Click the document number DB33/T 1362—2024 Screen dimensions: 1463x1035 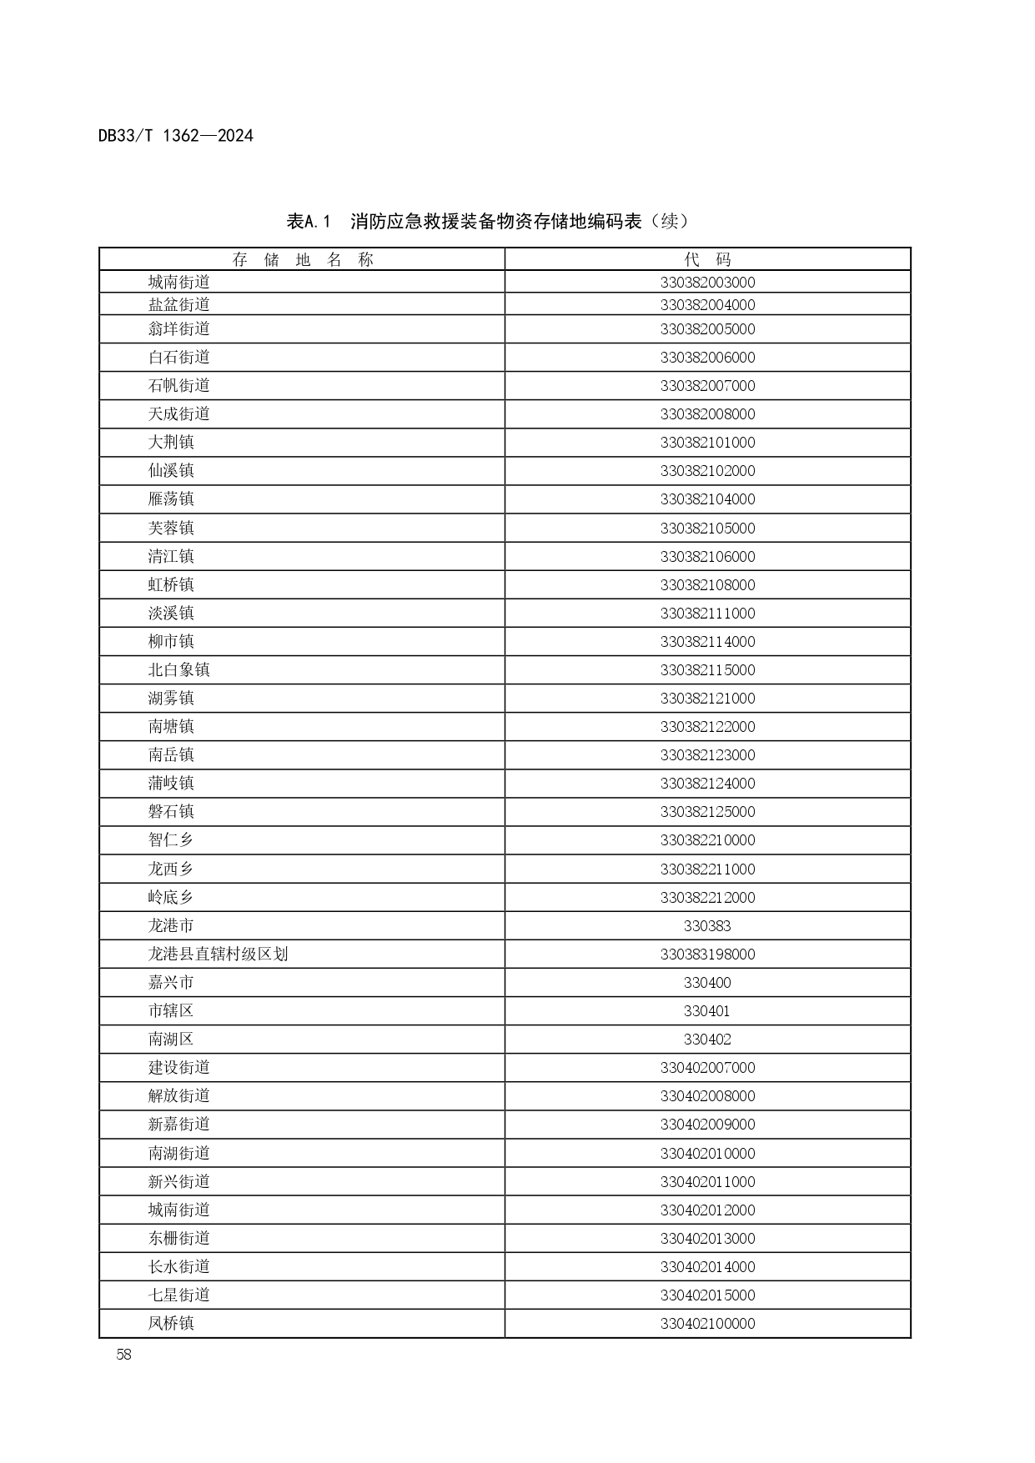pos(175,135)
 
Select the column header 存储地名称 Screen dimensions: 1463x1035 pos(302,259)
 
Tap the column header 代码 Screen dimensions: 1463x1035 pos(707,259)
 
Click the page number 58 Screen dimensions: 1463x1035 pos(123,1354)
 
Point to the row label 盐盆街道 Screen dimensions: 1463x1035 pos(178,304)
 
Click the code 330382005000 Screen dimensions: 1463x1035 pos(707,329)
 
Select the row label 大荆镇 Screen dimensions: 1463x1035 pos(171,442)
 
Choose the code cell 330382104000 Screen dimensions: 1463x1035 pos(707,499)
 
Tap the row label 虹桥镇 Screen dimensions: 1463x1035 pos(171,584)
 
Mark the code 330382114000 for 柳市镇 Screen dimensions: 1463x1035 pos(707,641)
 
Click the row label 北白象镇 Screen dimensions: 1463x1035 pos(178,669)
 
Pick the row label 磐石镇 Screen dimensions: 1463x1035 pos(171,811)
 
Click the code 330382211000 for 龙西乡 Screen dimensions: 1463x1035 pos(707,869)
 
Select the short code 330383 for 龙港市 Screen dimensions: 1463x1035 pos(707,925)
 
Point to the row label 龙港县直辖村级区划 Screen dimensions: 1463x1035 pos(218,954)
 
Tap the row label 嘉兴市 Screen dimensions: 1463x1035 pos(171,982)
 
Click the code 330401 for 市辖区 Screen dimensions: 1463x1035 pos(707,1010)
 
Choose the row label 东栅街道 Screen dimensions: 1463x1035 pos(178,1238)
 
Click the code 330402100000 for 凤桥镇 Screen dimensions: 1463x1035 pos(707,1323)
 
